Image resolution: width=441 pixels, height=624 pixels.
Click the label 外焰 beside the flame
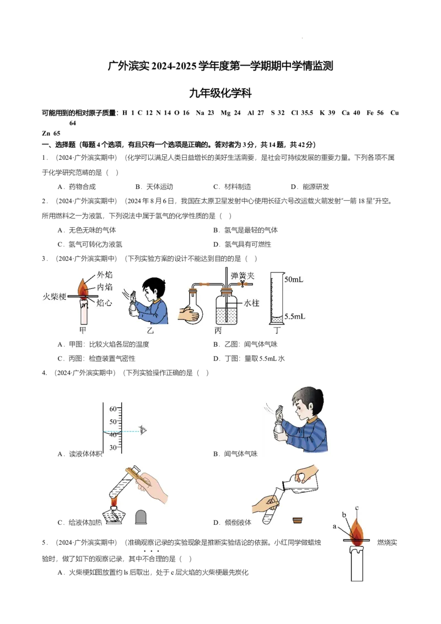click(x=105, y=275)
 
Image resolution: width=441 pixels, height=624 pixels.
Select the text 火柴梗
click(x=54, y=296)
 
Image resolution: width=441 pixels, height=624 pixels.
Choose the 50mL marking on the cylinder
click(x=294, y=279)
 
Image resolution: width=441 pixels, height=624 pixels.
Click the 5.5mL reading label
click(x=294, y=317)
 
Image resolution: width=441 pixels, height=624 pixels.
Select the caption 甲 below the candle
click(x=83, y=330)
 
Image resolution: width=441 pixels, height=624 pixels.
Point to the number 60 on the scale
click(x=112, y=409)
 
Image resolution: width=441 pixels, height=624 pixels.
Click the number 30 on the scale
click(x=112, y=448)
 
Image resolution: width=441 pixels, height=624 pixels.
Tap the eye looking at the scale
click(x=144, y=429)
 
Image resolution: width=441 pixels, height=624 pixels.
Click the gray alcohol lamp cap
click(x=141, y=517)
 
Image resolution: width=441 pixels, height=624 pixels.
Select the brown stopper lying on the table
click(x=299, y=519)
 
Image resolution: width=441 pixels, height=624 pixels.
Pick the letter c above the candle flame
click(x=357, y=508)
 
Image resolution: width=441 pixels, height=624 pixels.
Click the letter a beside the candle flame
click(x=335, y=526)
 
